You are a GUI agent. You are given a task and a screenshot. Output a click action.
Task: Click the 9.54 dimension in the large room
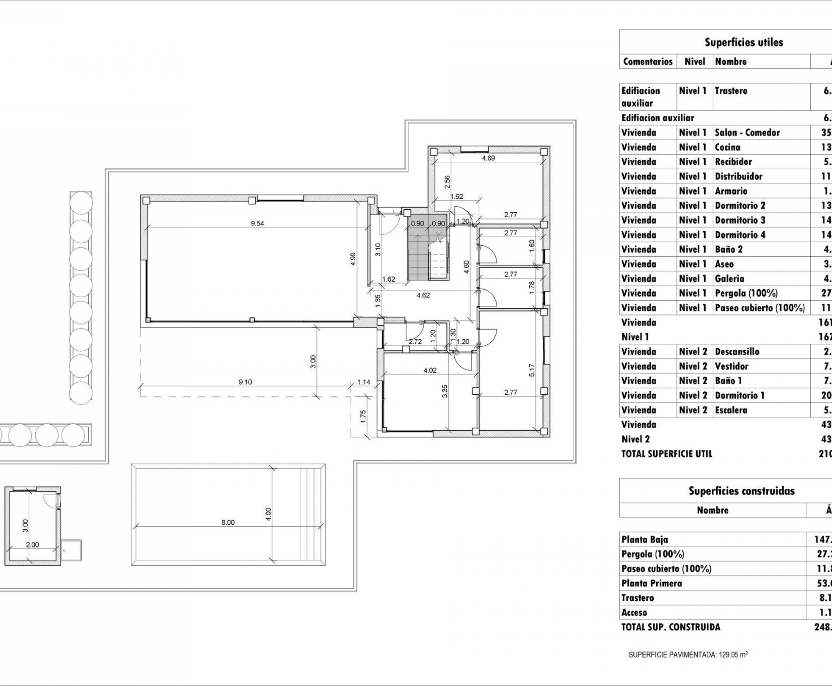[x=257, y=223]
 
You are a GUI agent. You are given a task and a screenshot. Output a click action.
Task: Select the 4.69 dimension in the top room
[x=488, y=158]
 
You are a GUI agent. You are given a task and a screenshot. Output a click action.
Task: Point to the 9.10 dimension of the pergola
[x=245, y=382]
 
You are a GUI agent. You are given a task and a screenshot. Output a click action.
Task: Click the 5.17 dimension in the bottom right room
[x=532, y=370]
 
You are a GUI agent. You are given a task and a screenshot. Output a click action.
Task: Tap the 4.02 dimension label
[x=430, y=370]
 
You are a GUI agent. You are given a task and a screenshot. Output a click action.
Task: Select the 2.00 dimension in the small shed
[x=32, y=544]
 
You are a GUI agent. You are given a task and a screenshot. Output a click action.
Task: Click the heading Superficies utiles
[x=744, y=42]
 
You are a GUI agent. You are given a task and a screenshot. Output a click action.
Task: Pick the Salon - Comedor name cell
[x=747, y=133]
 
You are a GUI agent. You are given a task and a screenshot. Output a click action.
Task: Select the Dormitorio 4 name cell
[x=740, y=235]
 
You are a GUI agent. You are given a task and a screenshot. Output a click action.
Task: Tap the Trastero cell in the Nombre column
[x=731, y=91]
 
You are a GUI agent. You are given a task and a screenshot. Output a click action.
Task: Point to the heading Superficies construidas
[x=741, y=491]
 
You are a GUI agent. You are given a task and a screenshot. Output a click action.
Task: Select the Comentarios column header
[x=647, y=62]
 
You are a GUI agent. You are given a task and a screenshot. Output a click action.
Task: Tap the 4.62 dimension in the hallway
[x=423, y=295]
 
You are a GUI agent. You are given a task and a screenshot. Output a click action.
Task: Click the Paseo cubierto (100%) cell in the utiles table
[x=759, y=308]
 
